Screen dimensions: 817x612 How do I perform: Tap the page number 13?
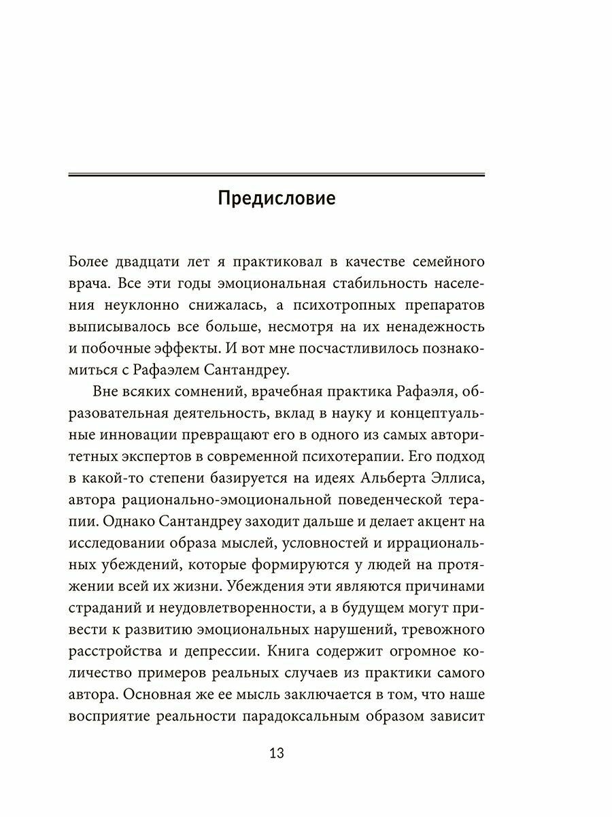(x=276, y=753)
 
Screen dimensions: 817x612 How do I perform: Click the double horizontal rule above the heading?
(x=276, y=176)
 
